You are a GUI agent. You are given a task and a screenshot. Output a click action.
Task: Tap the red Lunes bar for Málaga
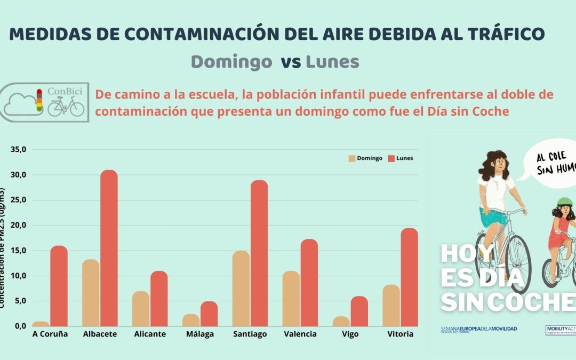[x=209, y=314]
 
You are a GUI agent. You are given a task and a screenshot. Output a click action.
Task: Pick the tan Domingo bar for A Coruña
[x=41, y=324]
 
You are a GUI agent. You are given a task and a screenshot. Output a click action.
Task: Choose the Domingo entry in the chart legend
[x=366, y=158]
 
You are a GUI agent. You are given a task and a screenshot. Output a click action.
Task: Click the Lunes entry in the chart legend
[x=401, y=158]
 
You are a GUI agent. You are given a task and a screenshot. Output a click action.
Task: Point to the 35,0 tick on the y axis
[x=18, y=150]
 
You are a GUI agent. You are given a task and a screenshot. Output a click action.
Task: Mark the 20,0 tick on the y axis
[x=18, y=226]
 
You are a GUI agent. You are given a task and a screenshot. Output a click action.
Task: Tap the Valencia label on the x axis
[x=300, y=334]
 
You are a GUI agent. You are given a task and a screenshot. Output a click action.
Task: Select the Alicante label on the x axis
[x=150, y=334]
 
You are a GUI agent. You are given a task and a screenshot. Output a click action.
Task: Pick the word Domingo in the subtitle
[x=231, y=62]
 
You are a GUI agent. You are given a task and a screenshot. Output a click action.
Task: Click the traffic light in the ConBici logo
[x=38, y=100]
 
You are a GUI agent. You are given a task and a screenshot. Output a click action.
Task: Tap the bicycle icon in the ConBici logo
[x=66, y=107]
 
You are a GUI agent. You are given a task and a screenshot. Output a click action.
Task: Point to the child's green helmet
[x=565, y=203]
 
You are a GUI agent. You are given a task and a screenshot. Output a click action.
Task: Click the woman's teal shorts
[x=494, y=217]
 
